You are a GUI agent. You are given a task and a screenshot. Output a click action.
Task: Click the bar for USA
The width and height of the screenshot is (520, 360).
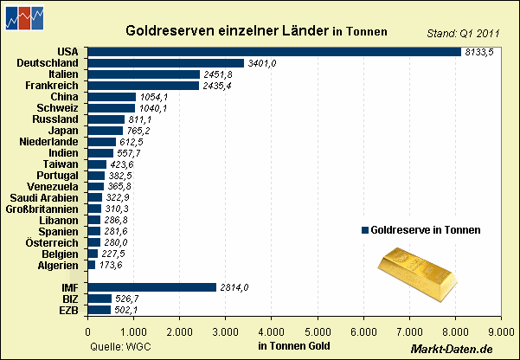coord(273,52)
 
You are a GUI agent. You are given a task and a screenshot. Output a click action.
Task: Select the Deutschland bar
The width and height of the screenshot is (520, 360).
coord(165,63)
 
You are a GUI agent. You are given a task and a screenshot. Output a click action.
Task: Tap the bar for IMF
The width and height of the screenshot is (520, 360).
coord(151,287)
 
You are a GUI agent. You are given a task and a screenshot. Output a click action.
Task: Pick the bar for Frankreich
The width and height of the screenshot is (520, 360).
coord(143,86)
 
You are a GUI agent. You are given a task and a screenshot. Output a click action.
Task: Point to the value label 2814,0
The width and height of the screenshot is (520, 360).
coord(235,287)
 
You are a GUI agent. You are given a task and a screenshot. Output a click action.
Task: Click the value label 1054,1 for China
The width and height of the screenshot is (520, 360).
coord(153,97)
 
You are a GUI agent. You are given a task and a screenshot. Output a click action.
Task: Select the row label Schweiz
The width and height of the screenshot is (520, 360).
coord(58,107)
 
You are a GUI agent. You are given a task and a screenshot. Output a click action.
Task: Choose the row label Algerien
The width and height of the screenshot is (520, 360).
coord(57,265)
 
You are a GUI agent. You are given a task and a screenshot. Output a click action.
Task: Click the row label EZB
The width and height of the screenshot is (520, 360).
coord(69,310)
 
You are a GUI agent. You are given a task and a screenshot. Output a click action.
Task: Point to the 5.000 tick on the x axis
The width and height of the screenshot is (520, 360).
coord(318,331)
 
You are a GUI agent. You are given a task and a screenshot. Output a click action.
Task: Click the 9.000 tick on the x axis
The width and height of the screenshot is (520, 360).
coord(501,331)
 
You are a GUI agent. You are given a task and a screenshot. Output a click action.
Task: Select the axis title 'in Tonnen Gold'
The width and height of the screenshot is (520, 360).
coord(293,346)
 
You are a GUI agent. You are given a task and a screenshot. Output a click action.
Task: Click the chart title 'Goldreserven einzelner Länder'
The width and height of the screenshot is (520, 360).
coord(228,30)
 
